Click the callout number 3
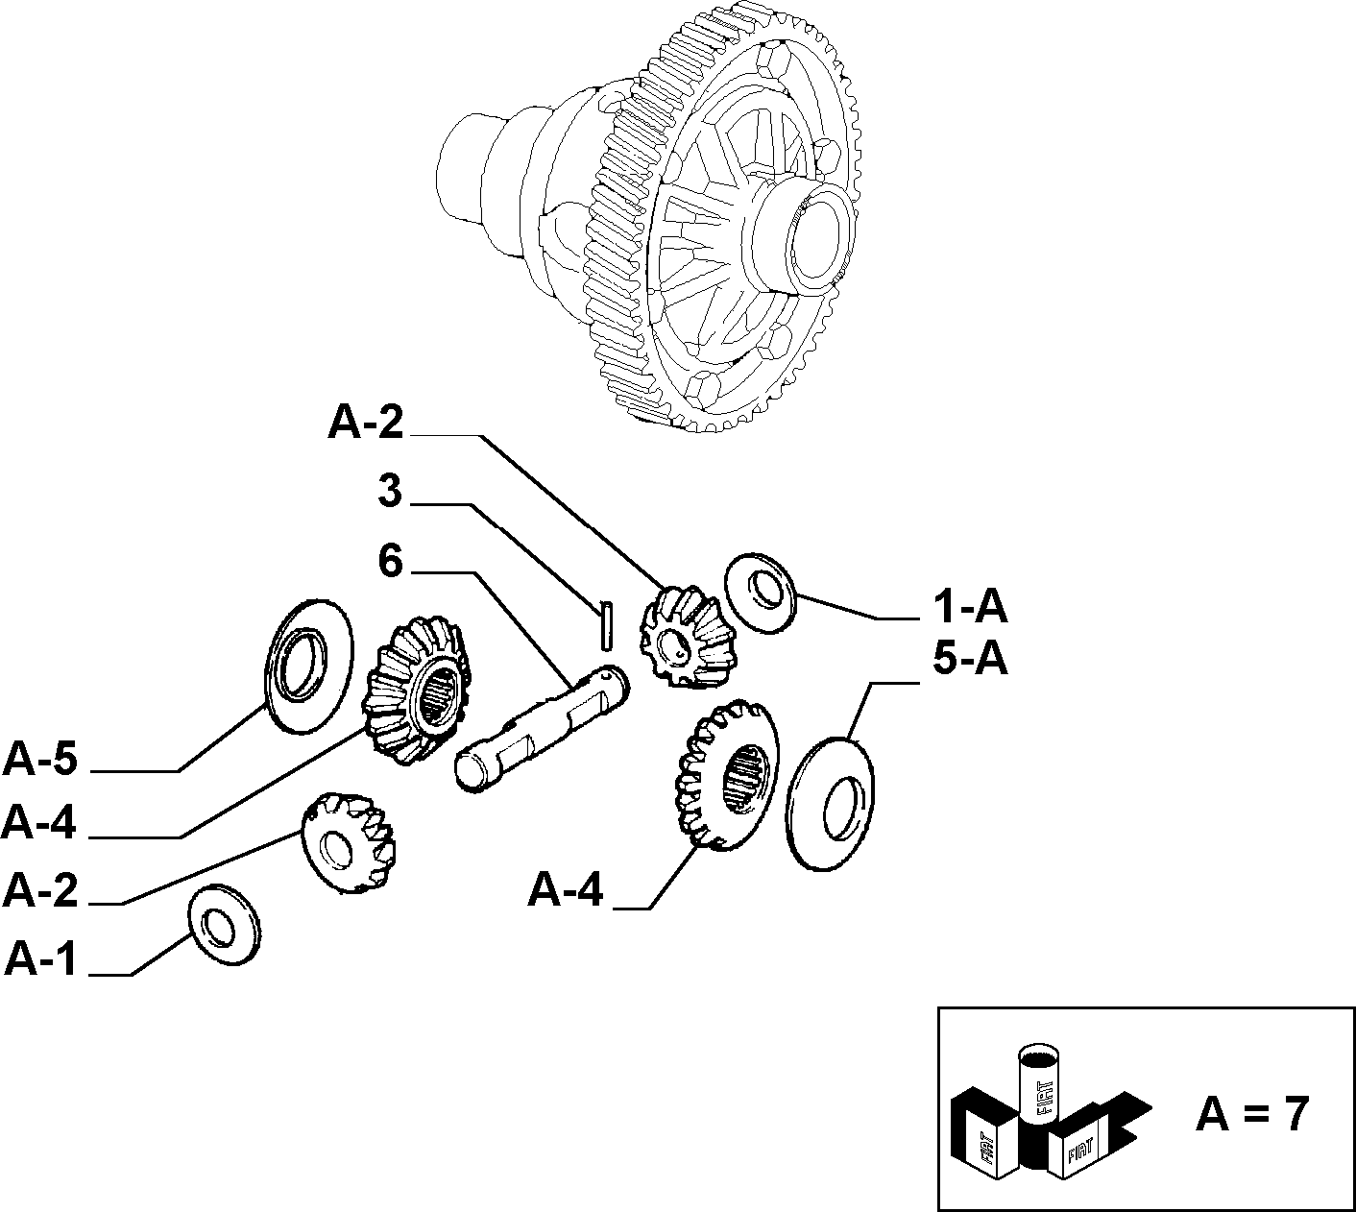(390, 491)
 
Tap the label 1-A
(970, 607)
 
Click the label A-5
(40, 760)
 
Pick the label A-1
(40, 960)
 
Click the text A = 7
(1252, 1114)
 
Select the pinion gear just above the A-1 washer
(348, 842)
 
